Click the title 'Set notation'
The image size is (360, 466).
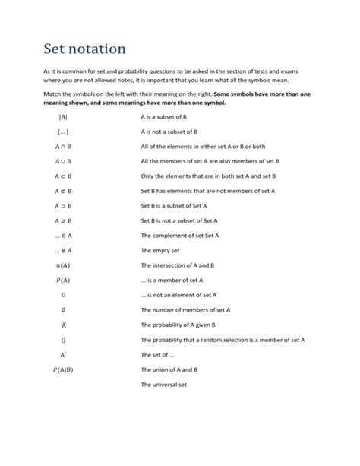coord(85,49)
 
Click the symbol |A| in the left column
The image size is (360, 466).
coord(62,117)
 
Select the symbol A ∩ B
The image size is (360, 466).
coord(62,147)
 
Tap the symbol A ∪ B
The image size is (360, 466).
coord(62,161)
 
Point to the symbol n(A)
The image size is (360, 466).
coord(62,265)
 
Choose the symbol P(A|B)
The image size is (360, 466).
coord(62,369)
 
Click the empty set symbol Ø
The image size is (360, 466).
coord(62,309)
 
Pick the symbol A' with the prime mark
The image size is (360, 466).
coord(62,354)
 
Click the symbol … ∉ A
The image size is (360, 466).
coord(62,250)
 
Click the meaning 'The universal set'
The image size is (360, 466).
coord(163,384)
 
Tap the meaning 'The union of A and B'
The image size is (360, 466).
coord(169,369)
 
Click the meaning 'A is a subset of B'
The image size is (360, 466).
coord(169,117)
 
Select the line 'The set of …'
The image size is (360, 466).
coord(158,354)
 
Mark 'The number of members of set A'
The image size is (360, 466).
coord(186,309)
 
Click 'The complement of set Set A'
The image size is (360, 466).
coord(180,236)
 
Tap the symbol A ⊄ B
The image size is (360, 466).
coord(62,191)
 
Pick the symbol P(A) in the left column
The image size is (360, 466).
coord(62,280)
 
